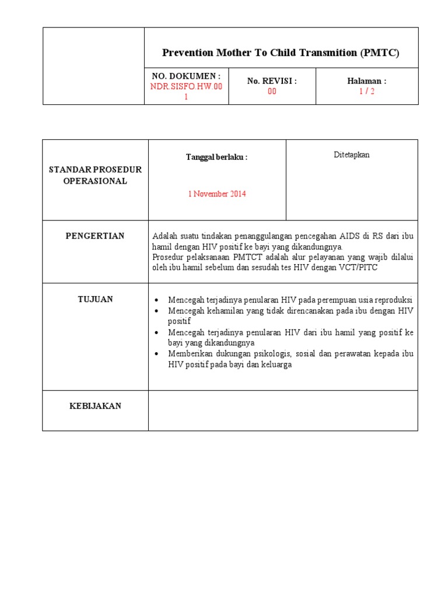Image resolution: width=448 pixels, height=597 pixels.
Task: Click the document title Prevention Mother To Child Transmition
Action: [x=281, y=52]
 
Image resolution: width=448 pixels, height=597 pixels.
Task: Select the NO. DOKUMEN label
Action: [x=186, y=76]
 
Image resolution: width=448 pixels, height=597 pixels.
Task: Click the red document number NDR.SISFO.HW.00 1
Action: [x=186, y=91]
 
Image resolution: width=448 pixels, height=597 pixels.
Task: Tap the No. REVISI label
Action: [x=272, y=81]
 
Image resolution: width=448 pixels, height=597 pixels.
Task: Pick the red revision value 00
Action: [x=272, y=91]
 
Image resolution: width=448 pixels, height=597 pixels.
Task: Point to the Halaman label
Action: [x=366, y=81]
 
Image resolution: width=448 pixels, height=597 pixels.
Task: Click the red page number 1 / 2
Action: [x=366, y=91]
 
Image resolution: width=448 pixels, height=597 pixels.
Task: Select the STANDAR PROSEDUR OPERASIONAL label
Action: [x=95, y=175]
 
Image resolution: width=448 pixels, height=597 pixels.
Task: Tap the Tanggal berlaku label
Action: [x=216, y=157]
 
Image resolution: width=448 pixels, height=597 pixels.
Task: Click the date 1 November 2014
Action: [x=216, y=194]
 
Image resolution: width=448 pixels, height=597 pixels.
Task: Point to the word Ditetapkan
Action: [x=351, y=154]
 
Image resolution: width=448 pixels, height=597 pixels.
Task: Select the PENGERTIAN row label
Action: [x=95, y=236]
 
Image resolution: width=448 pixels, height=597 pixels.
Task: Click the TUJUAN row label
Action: [x=95, y=299]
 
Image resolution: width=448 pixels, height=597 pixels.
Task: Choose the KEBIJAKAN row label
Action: [x=95, y=406]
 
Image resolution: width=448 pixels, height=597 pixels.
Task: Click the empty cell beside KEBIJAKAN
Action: [x=283, y=410]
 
